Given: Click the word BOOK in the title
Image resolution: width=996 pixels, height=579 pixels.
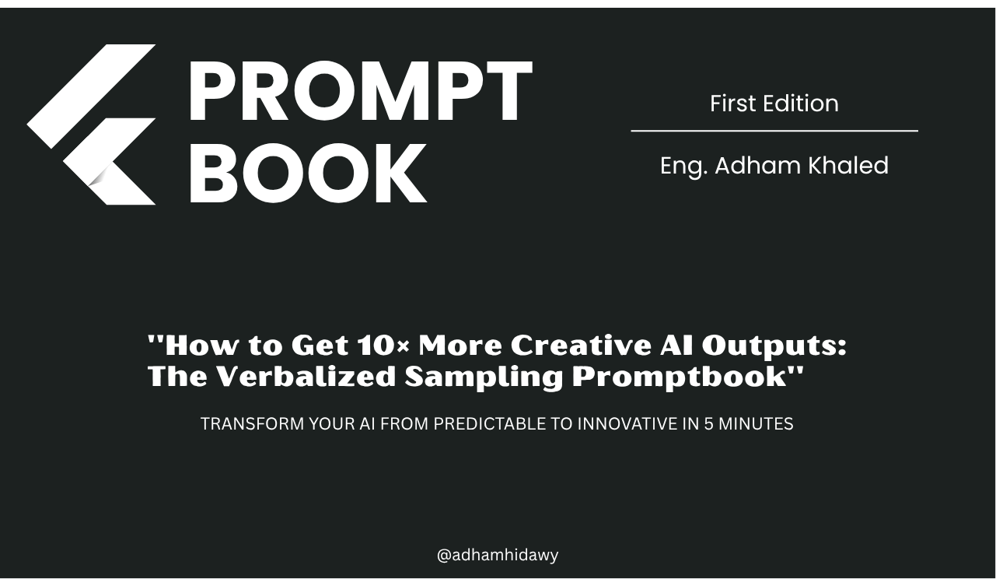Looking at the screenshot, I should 307,174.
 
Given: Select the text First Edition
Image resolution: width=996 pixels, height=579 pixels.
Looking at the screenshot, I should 774,104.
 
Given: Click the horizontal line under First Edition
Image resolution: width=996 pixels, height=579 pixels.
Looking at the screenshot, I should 774,131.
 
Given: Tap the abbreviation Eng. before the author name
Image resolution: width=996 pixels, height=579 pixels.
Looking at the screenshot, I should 683,167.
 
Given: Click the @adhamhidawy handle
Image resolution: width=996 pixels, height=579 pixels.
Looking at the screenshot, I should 498,555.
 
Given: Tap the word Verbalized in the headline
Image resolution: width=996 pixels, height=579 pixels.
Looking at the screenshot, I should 306,377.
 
